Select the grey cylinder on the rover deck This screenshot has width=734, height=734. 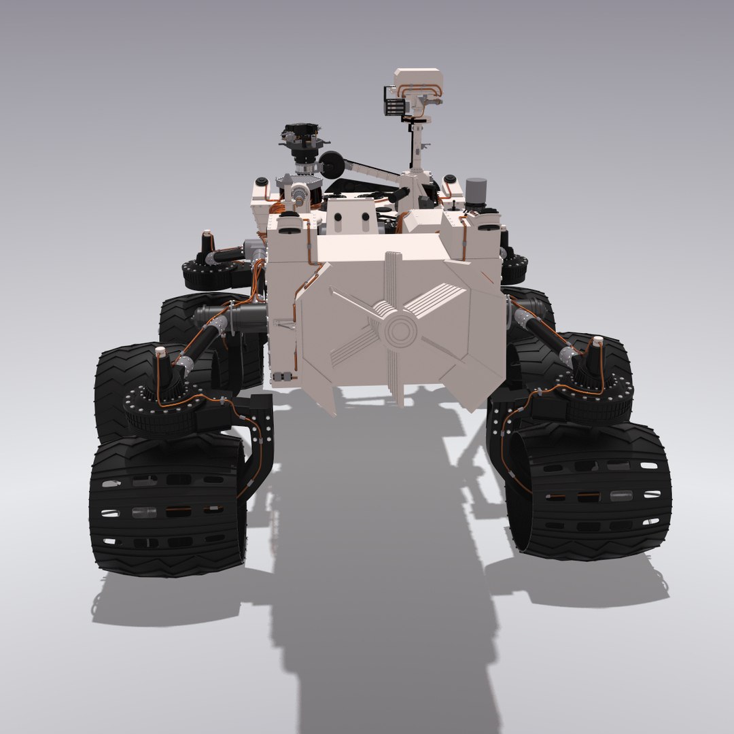pyautogui.click(x=476, y=192)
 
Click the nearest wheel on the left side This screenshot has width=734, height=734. pyautogui.click(x=167, y=506)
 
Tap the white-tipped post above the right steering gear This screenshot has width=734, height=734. pyautogui.click(x=595, y=351)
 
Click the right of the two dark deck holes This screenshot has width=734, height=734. pyautogui.click(x=366, y=218)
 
